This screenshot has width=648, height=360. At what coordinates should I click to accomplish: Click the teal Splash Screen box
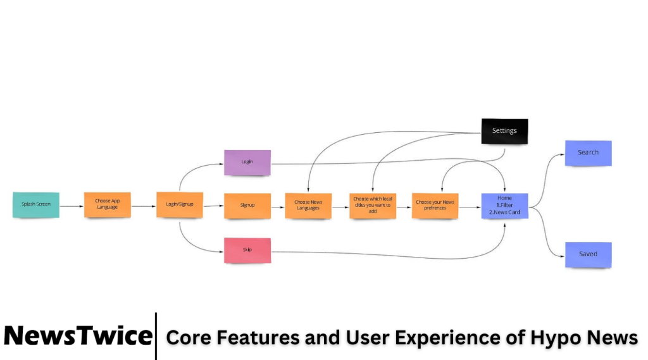point(36,204)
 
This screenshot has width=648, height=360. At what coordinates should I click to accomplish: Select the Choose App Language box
point(107,204)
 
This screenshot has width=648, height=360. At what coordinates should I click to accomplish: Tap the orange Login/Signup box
point(180,204)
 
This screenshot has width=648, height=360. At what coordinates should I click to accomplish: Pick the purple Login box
point(247,162)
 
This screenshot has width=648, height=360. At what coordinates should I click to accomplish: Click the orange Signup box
point(247,206)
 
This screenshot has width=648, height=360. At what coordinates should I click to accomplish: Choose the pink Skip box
point(247,250)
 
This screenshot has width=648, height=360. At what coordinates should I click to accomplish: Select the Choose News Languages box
point(308,206)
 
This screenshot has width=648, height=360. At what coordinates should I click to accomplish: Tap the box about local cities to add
point(373,206)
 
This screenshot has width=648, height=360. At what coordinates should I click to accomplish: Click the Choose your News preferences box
point(435,206)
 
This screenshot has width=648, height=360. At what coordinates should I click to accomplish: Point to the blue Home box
point(504,206)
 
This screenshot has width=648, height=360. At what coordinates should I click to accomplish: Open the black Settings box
point(504,131)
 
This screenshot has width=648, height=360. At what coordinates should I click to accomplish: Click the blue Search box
point(588,153)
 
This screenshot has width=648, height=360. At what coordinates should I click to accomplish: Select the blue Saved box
point(588,254)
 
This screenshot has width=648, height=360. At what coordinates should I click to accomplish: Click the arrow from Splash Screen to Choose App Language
point(72,206)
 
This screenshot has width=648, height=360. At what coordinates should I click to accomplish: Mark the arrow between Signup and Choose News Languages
point(278,206)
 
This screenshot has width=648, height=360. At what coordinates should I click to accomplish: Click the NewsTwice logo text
point(78,336)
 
